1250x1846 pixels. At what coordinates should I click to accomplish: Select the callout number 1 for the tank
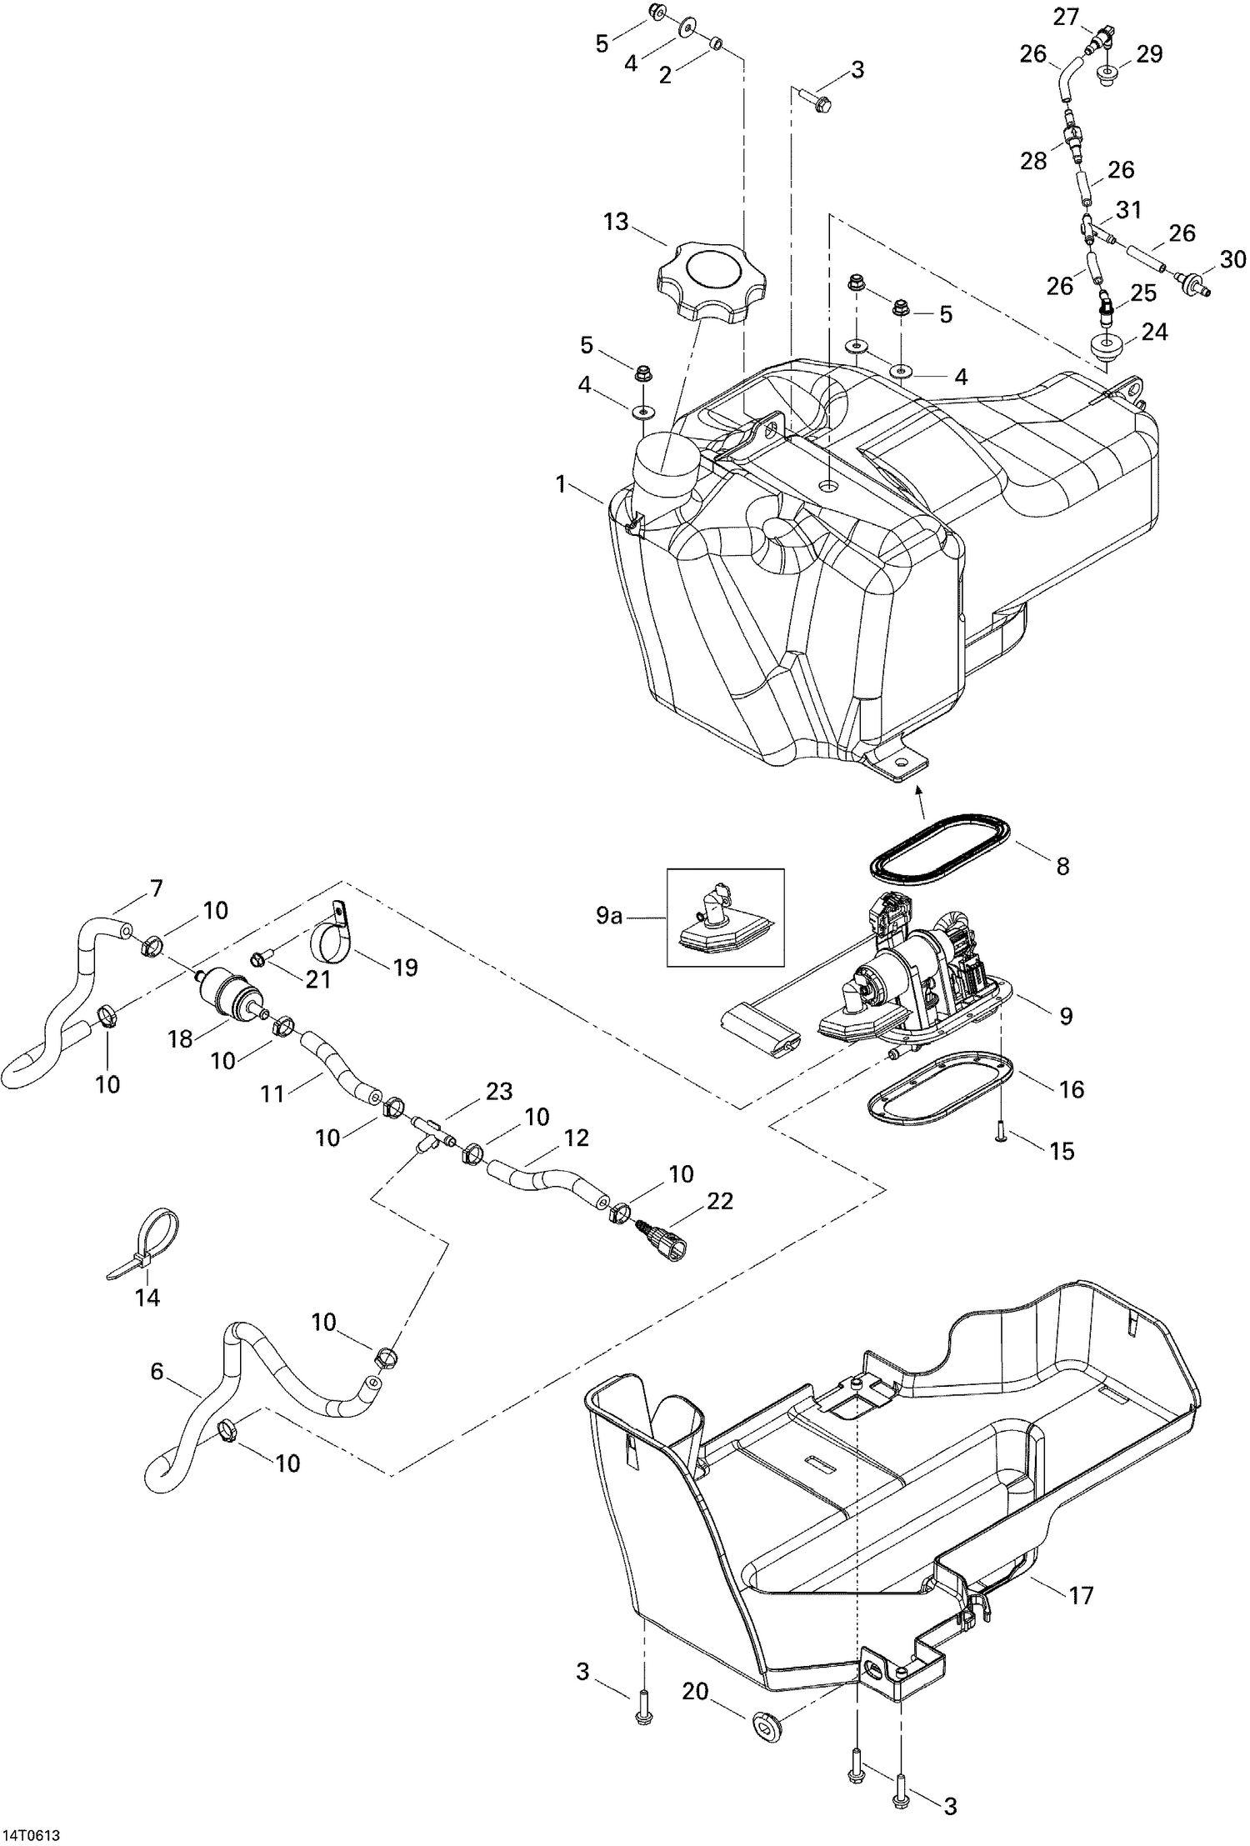point(562,483)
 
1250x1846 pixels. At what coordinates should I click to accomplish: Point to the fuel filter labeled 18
point(227,990)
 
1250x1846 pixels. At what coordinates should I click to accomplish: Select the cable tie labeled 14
point(154,1241)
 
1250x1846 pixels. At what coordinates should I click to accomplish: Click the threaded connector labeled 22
point(667,1243)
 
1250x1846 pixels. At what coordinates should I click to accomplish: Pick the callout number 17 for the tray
point(1081,1595)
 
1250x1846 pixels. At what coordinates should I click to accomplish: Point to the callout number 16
point(1072,1088)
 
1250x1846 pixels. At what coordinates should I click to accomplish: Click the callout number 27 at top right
point(1066,17)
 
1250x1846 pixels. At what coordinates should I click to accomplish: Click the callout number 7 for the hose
point(156,888)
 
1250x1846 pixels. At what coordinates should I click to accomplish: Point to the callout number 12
point(576,1137)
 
